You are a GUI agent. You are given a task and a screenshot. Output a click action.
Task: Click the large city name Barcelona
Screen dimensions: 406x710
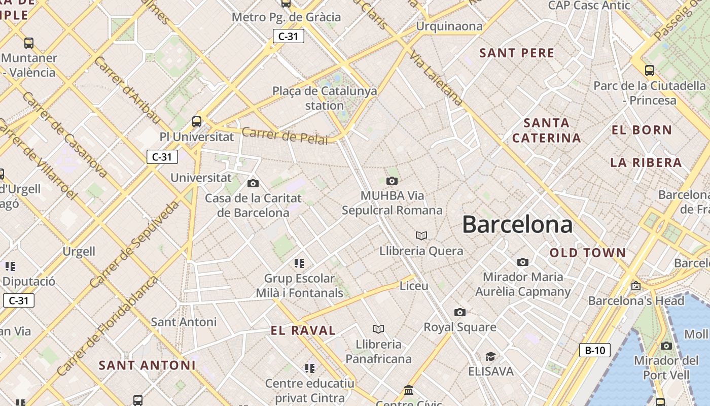(517, 224)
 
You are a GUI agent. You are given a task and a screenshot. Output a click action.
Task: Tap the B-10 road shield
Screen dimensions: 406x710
(594, 350)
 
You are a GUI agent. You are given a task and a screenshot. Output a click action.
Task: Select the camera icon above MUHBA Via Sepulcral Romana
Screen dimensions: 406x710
(392, 181)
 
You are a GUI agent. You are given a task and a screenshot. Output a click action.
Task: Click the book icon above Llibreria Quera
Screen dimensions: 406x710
(421, 235)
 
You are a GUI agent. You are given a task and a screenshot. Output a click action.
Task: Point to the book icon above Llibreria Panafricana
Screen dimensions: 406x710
(378, 329)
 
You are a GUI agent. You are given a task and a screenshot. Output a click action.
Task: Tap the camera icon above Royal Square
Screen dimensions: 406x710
(460, 312)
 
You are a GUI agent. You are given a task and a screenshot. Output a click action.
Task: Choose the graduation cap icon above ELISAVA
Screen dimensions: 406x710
(490, 356)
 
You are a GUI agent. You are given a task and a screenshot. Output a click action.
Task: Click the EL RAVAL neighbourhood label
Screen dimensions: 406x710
(303, 331)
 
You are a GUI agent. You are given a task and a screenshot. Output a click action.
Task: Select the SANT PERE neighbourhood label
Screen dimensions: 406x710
(517, 53)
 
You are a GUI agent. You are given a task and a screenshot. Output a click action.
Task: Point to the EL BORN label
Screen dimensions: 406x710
(642, 130)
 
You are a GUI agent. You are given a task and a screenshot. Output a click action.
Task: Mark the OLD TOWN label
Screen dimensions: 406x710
(588, 253)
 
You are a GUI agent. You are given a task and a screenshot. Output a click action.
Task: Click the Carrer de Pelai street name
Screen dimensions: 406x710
(285, 136)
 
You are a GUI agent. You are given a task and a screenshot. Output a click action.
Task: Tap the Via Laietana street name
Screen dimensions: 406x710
(436, 79)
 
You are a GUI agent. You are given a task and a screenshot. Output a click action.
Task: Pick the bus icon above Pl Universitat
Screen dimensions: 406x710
(197, 122)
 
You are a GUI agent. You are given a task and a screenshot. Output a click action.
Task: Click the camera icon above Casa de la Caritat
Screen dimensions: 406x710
(253, 183)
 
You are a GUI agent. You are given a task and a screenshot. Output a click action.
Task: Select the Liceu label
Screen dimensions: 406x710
(414, 286)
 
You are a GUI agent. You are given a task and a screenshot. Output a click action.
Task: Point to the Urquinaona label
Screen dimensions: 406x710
(449, 26)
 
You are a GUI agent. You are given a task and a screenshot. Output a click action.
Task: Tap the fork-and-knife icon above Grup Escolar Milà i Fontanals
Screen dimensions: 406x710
(299, 263)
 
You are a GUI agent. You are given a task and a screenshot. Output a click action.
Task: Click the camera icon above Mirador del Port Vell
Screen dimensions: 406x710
(666, 346)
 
